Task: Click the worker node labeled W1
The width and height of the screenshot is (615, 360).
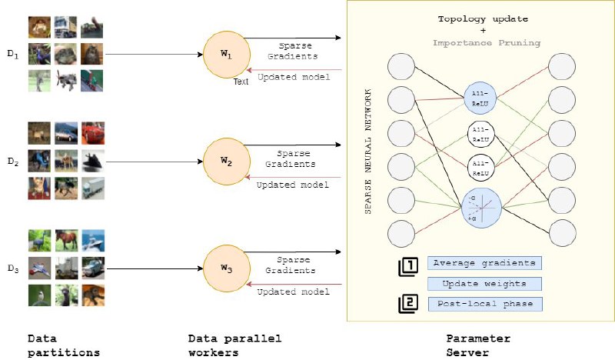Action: coord(227,55)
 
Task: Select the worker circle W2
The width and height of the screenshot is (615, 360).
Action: coord(227,162)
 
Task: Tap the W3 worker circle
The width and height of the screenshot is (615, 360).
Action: coord(227,268)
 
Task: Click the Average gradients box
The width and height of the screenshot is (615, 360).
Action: coord(484,263)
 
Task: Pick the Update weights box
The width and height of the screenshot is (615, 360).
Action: coord(484,283)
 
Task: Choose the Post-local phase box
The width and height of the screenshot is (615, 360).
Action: coord(485,304)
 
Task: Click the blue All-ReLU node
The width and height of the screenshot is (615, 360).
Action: coord(480,98)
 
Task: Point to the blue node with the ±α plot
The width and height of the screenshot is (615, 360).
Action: coord(482,208)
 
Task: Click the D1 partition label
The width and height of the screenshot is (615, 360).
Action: coord(13,54)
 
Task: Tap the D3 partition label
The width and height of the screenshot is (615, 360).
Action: coord(13,269)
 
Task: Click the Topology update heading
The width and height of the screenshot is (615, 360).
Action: coord(483,18)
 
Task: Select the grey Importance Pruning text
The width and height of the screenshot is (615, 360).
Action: coord(487,43)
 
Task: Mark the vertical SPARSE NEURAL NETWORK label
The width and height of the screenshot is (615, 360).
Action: coord(368,152)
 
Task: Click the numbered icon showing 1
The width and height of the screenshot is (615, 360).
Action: coord(408,267)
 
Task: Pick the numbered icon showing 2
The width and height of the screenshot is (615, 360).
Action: coord(408,304)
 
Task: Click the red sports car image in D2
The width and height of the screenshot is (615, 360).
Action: coord(93,133)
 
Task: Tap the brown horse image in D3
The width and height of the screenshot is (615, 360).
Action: coord(66,241)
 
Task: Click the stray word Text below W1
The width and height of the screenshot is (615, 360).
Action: coord(241,82)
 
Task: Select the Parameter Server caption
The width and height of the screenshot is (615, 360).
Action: coord(478,345)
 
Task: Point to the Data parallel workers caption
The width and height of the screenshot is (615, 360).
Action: coord(234,345)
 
